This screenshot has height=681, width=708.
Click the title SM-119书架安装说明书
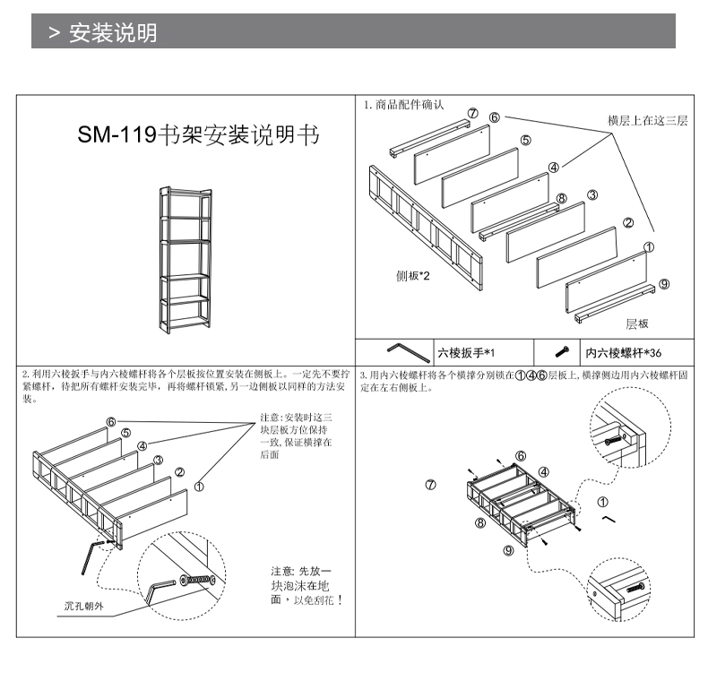tap(198, 135)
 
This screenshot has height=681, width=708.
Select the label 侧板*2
tap(413, 275)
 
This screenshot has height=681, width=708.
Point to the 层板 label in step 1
tap(637, 323)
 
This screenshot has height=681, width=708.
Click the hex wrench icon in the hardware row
tap(403, 350)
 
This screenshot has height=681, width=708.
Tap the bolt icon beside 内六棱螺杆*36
tap(563, 351)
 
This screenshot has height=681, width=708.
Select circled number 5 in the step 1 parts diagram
tap(525, 140)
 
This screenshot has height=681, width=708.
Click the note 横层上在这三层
tap(648, 120)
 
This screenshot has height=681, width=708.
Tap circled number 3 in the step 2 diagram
tap(158, 461)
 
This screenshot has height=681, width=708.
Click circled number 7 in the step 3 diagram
tap(430, 485)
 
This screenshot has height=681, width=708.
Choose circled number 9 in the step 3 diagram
tap(508, 550)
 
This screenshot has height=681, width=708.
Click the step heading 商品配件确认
tap(407, 105)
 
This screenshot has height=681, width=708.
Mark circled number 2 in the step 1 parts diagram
tap(628, 223)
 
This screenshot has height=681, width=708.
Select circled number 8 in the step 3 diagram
tap(480, 522)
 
